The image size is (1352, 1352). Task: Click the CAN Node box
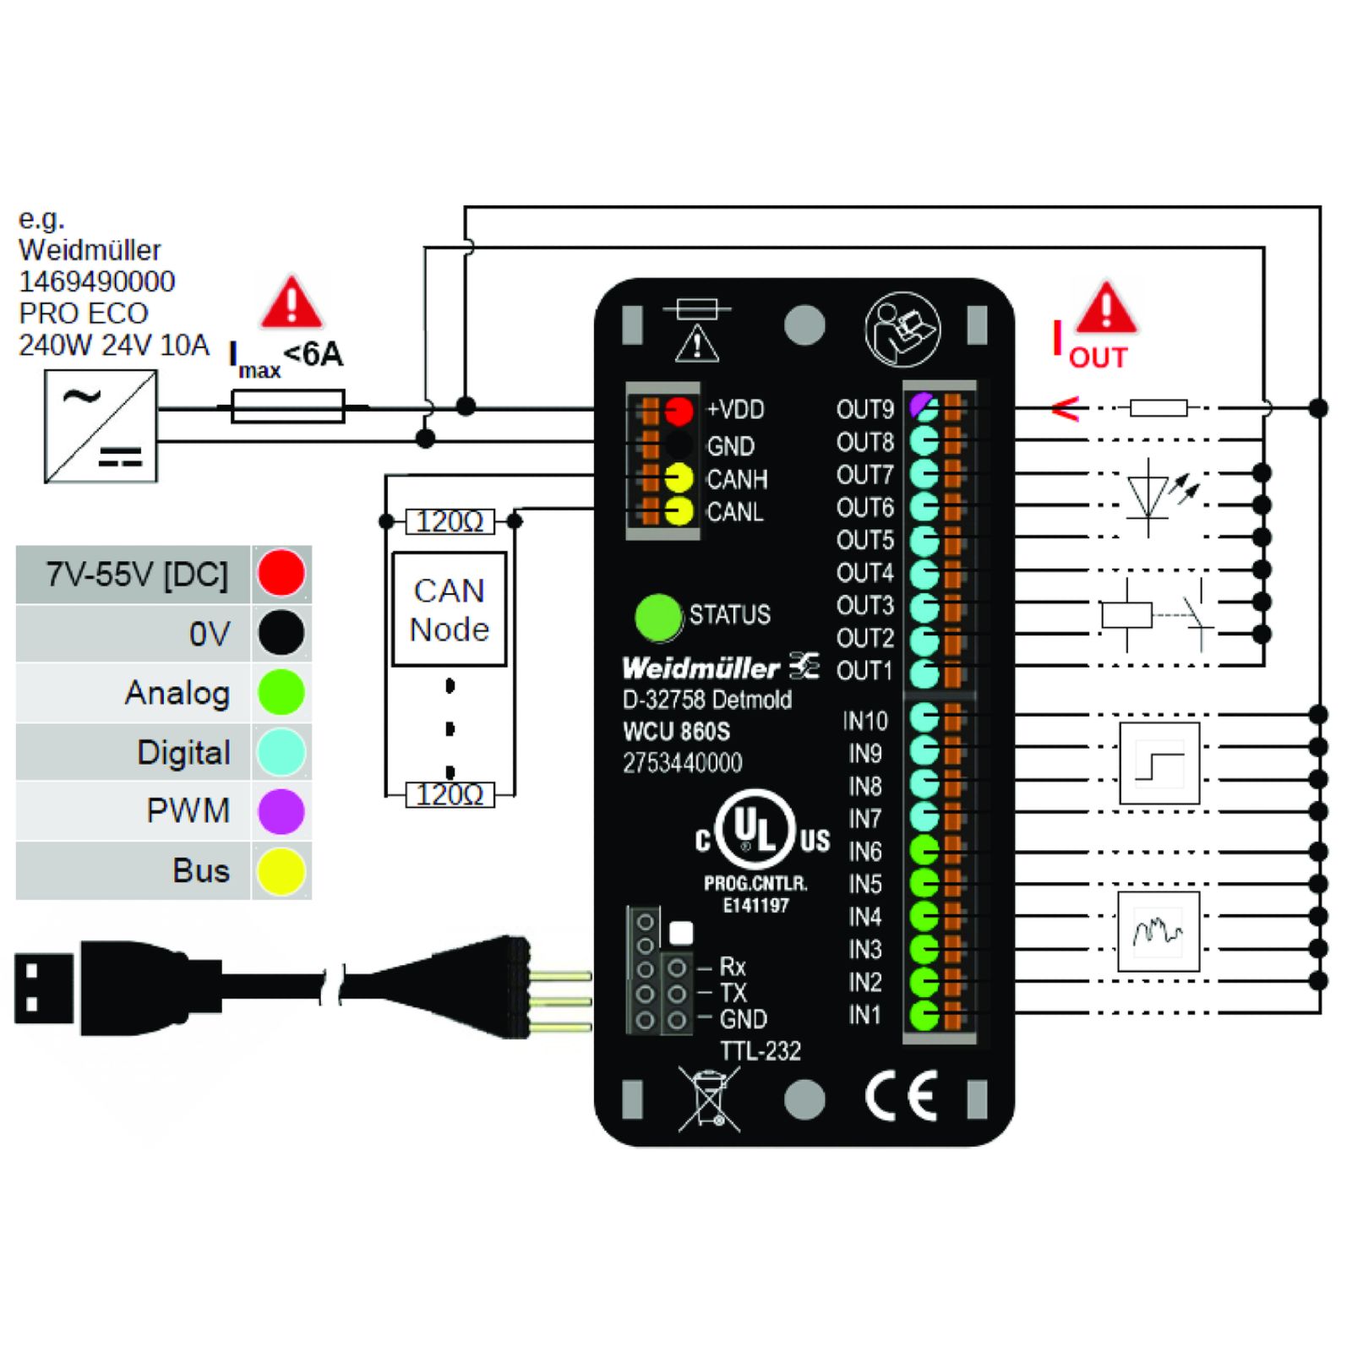[449, 609]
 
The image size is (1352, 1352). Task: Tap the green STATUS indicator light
[657, 616]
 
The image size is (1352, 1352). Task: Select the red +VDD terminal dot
[678, 411]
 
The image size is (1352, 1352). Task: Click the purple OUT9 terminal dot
[924, 408]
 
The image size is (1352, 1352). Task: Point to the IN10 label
[864, 721]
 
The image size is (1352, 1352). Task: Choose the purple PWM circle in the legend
[281, 811]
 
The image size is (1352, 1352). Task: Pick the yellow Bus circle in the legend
[281, 871]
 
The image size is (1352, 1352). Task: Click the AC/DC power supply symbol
[101, 427]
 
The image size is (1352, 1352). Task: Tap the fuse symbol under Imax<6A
[288, 406]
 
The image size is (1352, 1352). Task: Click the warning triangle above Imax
[291, 303]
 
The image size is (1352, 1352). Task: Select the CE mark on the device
[901, 1096]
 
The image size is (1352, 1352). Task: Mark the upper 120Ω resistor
[450, 521]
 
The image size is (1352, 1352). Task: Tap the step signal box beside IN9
[1158, 764]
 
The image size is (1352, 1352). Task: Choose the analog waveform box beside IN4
[1158, 931]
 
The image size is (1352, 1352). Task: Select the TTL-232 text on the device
[760, 1051]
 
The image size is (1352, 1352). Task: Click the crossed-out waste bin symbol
[709, 1098]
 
